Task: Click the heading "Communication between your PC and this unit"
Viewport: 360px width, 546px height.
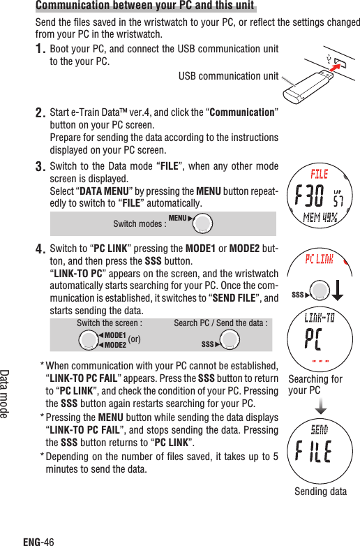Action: (145, 7)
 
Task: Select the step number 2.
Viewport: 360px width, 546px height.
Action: (40, 113)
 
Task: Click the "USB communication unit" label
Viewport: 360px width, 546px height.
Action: (228, 75)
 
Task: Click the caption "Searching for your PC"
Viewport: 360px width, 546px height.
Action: (315, 385)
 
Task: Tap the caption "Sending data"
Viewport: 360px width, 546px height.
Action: (320, 492)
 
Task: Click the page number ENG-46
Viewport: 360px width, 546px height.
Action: (38, 540)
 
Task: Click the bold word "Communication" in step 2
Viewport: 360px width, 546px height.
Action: (241, 113)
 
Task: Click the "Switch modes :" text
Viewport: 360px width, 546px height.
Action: (139, 223)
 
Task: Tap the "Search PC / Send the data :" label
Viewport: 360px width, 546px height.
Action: (220, 323)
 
